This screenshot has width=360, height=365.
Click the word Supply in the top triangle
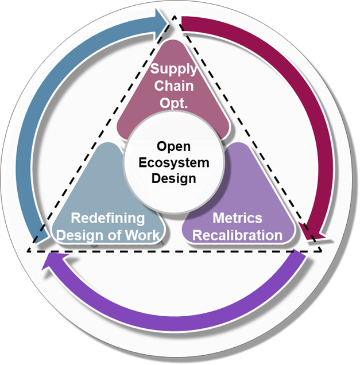[173, 70]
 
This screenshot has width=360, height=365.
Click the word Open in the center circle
[173, 147]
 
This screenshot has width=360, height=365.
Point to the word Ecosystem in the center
[173, 162]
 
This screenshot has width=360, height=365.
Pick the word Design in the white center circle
[173, 178]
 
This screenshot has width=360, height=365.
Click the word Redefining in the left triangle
[107, 218]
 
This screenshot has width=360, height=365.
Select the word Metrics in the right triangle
[237, 218]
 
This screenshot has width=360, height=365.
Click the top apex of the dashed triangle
[174, 19]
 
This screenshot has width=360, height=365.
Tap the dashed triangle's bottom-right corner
[322, 251]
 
